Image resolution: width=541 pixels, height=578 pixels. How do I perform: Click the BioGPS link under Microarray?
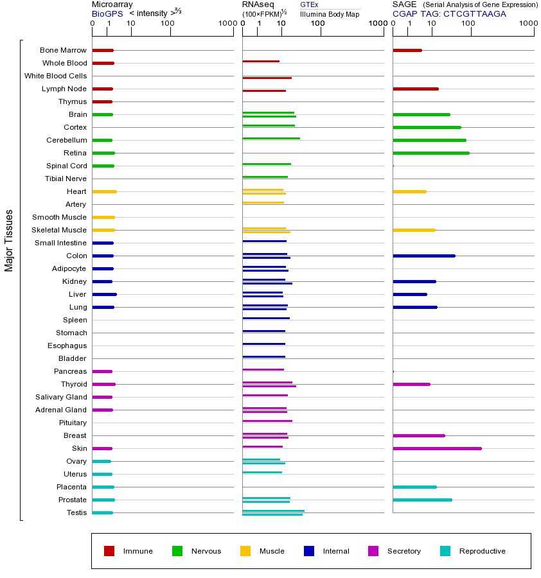coord(107,13)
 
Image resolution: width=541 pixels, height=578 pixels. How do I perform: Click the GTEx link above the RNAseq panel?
coord(309,4)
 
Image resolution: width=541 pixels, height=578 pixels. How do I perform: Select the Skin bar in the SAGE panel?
coord(437,448)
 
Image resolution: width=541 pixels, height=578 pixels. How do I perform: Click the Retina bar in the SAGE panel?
coord(430,153)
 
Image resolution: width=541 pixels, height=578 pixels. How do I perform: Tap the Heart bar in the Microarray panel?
coord(104,191)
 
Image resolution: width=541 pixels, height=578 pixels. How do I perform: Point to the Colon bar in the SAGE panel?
coord(423,256)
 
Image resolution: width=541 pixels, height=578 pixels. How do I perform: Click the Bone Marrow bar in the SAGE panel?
coord(407,50)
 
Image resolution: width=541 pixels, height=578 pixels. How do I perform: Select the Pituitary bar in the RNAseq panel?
coord(267,421)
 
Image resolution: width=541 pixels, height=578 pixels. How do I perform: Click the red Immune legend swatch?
coord(109,551)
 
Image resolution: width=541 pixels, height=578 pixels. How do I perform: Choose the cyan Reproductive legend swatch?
coord(445,551)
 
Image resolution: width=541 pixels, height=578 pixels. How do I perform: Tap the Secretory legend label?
coord(404,551)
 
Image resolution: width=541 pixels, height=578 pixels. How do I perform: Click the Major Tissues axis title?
coord(9,240)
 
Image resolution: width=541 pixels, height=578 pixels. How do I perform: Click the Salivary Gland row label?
coord(61,397)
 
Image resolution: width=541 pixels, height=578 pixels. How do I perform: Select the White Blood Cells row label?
coord(55,76)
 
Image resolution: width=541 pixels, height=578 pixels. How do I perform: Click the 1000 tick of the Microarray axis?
coord(226,24)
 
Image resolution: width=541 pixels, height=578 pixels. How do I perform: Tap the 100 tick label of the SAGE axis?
coord(468,24)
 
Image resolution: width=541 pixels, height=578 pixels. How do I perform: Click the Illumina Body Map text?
coord(330,13)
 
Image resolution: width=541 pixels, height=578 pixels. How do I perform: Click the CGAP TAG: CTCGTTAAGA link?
coord(449,13)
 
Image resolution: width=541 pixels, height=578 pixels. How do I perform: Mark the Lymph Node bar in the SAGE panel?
coord(415,89)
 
